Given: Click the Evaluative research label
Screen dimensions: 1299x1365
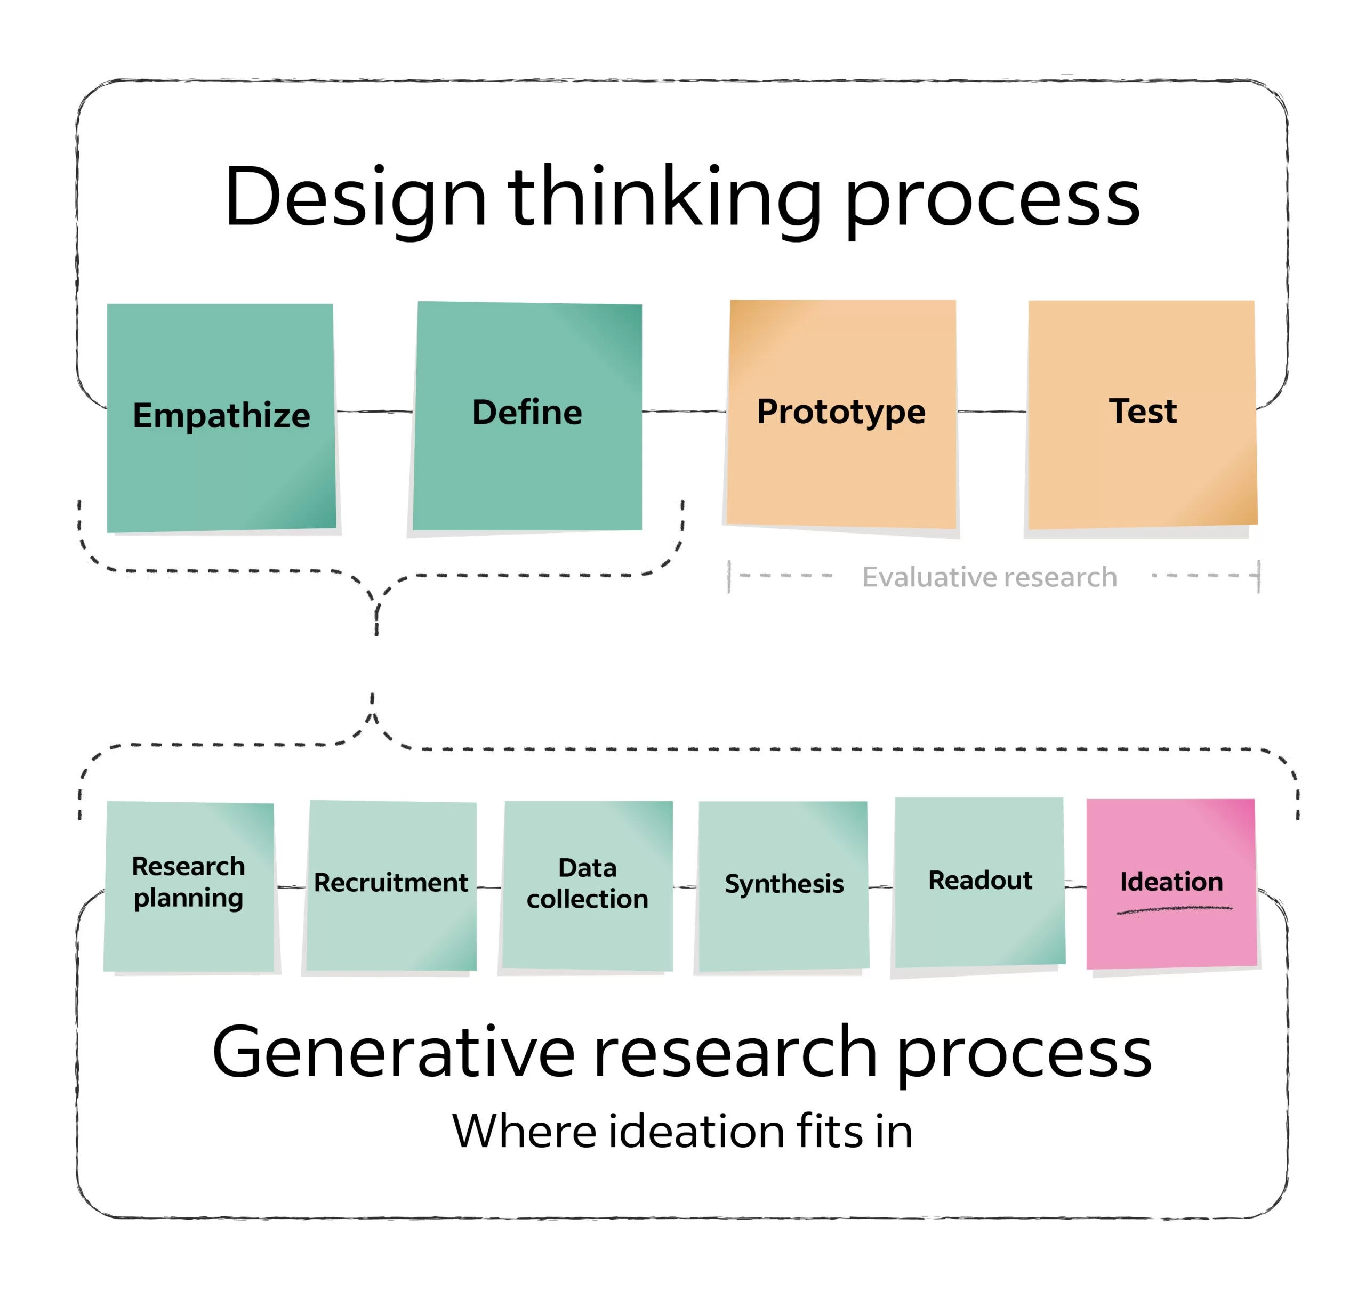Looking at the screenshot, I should pos(989,577).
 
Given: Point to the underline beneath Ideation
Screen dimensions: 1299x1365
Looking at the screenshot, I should pos(1174,910).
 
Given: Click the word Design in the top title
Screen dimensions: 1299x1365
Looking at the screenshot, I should pos(355,199).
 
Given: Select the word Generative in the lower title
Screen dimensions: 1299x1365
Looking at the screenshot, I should pos(392,1053).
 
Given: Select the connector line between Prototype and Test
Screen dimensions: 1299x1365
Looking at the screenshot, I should pos(992,412).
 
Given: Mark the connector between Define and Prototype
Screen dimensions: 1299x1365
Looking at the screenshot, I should pos(684,412).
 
